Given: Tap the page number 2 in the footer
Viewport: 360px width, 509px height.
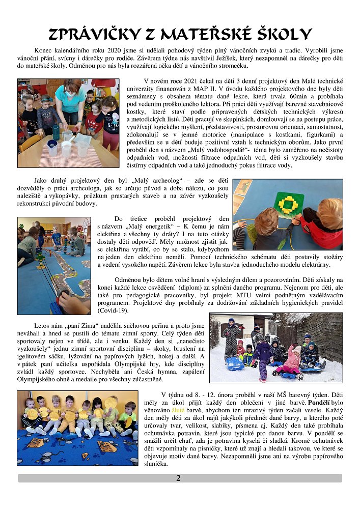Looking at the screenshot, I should (178, 478).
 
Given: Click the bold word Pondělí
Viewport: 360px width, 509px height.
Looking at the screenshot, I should (321, 401).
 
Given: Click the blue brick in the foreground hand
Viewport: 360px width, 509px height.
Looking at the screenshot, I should (56, 306).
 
